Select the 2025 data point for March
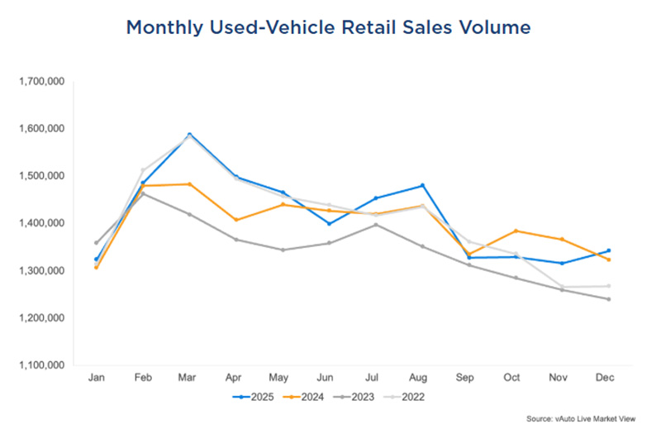click(x=190, y=134)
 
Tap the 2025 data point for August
click(x=423, y=185)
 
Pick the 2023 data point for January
click(x=97, y=243)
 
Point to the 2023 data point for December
click(x=609, y=299)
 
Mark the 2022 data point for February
click(x=143, y=170)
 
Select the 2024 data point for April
click(x=236, y=220)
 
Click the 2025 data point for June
click(x=330, y=223)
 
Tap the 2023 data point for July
click(x=376, y=225)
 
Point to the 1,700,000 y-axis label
click(x=40, y=82)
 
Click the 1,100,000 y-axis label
click(x=40, y=365)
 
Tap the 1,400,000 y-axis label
click(x=40, y=224)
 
